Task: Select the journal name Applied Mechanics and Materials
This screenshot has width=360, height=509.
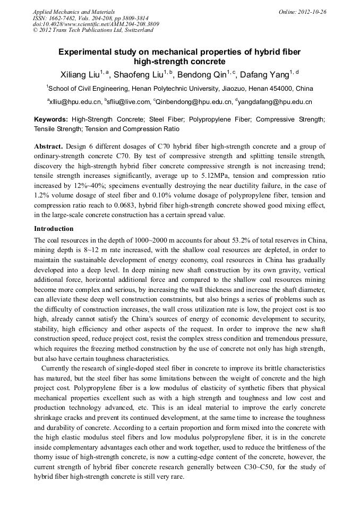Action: (74, 11)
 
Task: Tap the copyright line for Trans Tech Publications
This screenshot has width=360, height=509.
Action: (93, 30)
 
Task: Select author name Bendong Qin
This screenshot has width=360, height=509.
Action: (204, 74)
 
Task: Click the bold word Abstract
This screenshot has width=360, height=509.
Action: (48, 146)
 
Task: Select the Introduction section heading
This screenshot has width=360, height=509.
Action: (54, 229)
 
